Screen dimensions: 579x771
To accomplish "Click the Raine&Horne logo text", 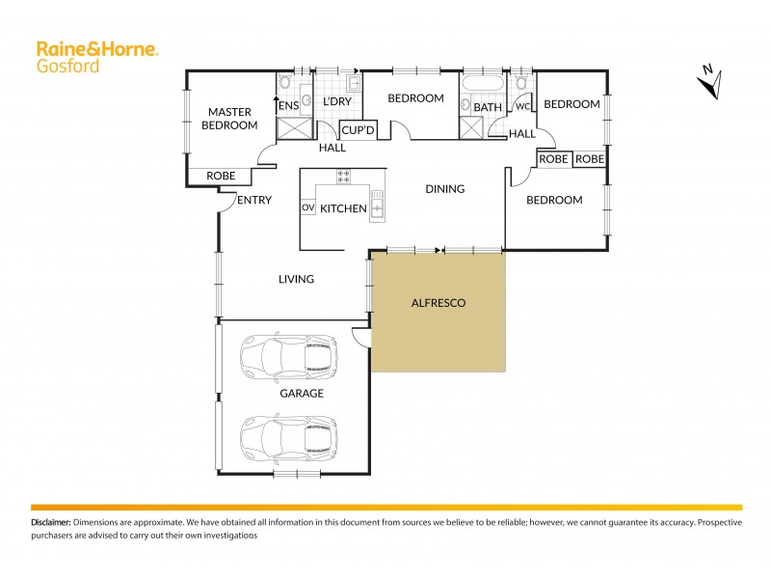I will click(96, 48).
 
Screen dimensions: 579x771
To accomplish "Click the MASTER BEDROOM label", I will click(230, 119).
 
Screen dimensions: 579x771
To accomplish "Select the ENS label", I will click(288, 105).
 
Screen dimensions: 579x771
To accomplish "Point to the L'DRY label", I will click(336, 101).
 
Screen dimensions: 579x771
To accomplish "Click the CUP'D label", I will click(359, 129).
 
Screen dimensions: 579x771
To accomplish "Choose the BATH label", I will click(488, 107).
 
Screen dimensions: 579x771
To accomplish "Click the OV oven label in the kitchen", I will click(308, 207).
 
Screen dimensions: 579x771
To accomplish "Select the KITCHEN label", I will click(343, 208).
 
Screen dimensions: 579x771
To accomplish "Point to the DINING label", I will click(444, 189).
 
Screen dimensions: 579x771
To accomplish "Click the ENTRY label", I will click(254, 201).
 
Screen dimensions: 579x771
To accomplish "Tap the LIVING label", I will click(296, 280).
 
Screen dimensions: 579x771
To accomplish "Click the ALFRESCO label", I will click(439, 303).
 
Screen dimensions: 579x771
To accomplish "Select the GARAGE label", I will click(301, 394).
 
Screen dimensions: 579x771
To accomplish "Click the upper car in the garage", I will click(289, 356).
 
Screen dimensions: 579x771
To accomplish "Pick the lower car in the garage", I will click(289, 437).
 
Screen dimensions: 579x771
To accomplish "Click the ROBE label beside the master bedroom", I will click(221, 177).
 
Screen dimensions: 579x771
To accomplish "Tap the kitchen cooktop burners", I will click(343, 177).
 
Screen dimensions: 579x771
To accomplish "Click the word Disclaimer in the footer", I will click(50, 521).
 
